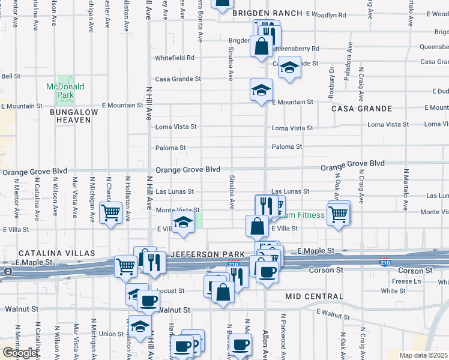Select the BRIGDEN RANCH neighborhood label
pyautogui.click(x=267, y=13)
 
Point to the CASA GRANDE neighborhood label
pyautogui.click(x=362, y=109)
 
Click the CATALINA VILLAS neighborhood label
pyautogui.click(x=49, y=254)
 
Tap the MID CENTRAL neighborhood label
pyautogui.click(x=314, y=296)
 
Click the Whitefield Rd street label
pyautogui.click(x=175, y=58)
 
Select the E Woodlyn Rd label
pyautogui.click(x=327, y=13)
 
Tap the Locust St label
pyautogui.click(x=172, y=291)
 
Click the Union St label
pyautogui.click(x=111, y=334)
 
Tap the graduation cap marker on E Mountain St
pyautogui.click(x=261, y=91)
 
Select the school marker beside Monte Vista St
pyautogui.click(x=183, y=223)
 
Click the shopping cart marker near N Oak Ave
pyautogui.click(x=339, y=213)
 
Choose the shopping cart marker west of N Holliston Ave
pyautogui.click(x=111, y=213)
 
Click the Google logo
pyautogui.click(x=19, y=353)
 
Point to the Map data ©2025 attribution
pyautogui.click(x=424, y=355)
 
